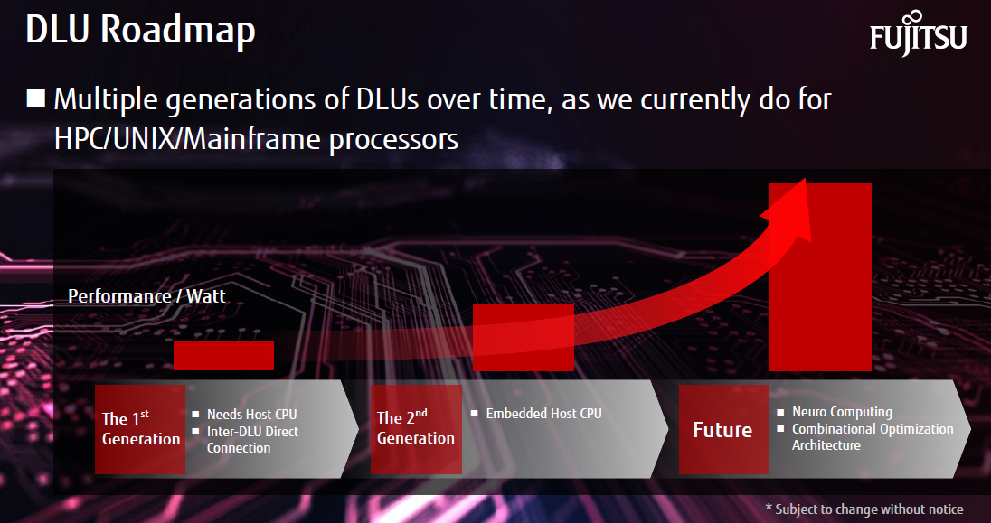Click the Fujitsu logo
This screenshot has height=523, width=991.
click(x=918, y=33)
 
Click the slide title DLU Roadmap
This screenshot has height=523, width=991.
click(x=140, y=30)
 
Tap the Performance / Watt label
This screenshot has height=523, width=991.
click(x=146, y=296)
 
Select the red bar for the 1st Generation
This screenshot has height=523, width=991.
click(x=223, y=356)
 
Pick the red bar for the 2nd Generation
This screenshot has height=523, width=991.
click(x=524, y=337)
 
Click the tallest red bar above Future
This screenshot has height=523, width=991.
click(x=820, y=276)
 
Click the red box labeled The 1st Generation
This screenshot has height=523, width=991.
click(x=140, y=430)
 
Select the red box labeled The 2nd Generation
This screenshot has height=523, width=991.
click(x=416, y=430)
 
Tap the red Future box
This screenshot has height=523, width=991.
click(x=724, y=430)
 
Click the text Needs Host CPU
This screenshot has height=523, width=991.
click(x=251, y=415)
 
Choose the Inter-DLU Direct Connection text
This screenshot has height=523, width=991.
click(x=253, y=440)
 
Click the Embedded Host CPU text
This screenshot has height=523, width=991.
click(x=543, y=414)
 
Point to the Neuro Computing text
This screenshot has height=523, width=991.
click(x=842, y=412)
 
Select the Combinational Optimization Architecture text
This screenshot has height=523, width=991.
click(x=873, y=436)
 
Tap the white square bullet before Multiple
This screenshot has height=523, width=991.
click(x=36, y=98)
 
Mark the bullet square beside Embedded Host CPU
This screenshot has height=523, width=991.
click(x=475, y=414)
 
